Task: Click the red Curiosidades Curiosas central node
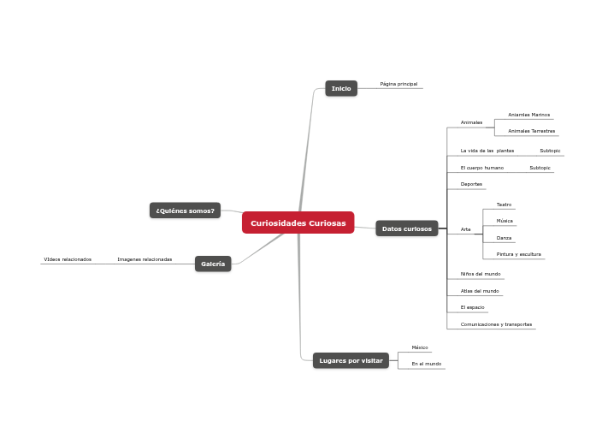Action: pyautogui.click(x=298, y=222)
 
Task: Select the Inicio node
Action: pyautogui.click(x=341, y=88)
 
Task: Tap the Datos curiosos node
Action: pyautogui.click(x=406, y=228)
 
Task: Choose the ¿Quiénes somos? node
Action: pyautogui.click(x=185, y=211)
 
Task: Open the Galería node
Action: pyautogui.click(x=213, y=264)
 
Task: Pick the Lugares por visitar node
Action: pyautogui.click(x=351, y=360)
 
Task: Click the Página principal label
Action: pyautogui.click(x=398, y=84)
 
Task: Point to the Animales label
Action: pyautogui.click(x=471, y=122)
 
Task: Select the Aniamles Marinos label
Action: pyautogui.click(x=528, y=114)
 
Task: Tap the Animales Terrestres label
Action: pyautogui.click(x=531, y=131)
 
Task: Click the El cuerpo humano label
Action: pyautogui.click(x=481, y=168)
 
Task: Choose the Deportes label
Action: pyautogui.click(x=471, y=184)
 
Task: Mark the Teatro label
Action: pyautogui.click(x=504, y=205)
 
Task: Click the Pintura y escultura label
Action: pyautogui.click(x=518, y=254)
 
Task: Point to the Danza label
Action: pyautogui.click(x=504, y=237)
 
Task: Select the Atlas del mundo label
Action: pyautogui.click(x=479, y=291)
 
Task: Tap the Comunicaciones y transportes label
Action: pyautogui.click(x=496, y=324)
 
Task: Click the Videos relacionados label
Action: pyautogui.click(x=68, y=259)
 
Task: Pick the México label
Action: pyautogui.click(x=419, y=347)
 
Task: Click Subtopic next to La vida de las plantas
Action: pyautogui.click(x=550, y=151)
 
